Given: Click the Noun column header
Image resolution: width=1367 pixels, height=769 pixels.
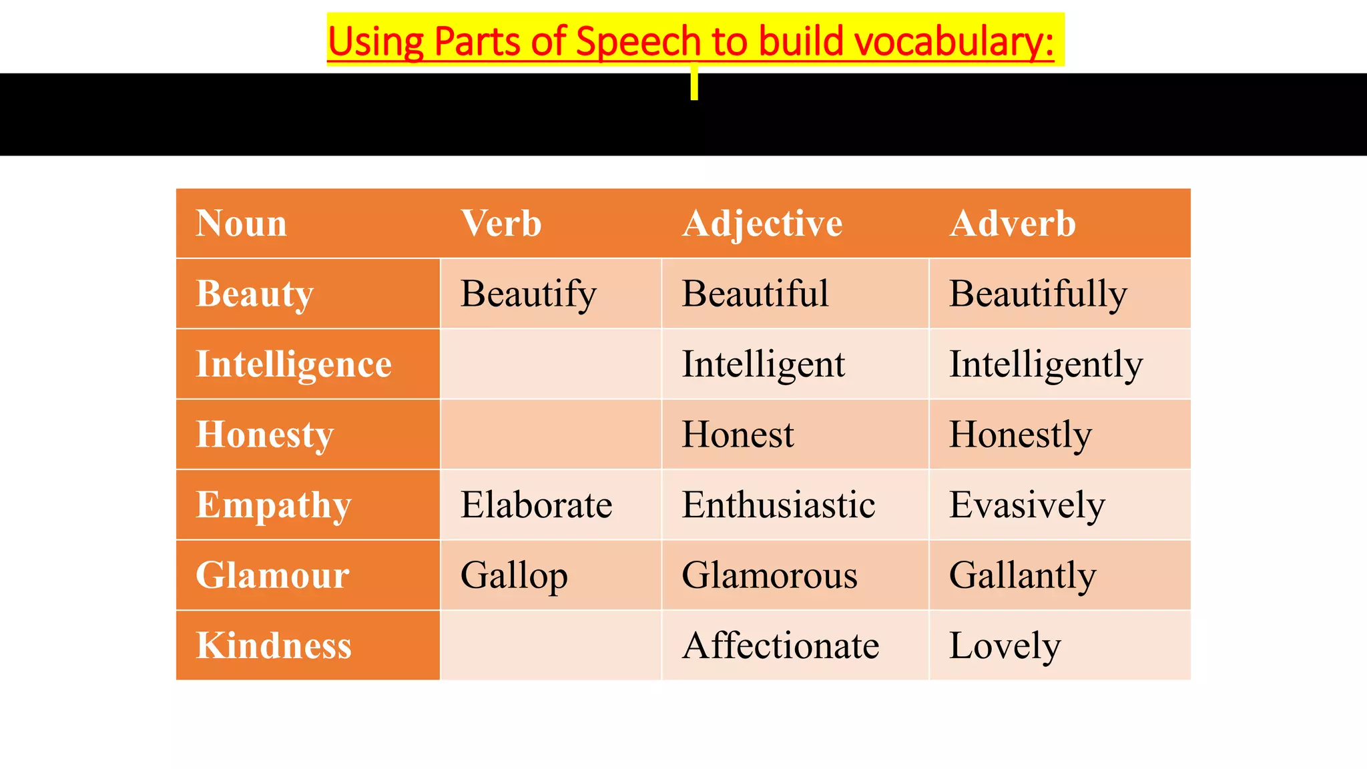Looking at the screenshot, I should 241,223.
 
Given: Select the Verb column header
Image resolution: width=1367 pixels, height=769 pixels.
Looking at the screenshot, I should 501,223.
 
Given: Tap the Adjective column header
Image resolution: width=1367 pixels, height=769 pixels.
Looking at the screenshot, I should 762,223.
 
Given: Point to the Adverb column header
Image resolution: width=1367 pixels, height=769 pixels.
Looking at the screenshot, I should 1013,223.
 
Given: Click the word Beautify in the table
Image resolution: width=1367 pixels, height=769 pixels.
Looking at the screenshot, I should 528,294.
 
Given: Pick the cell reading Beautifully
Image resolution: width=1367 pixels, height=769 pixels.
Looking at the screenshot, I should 1038,294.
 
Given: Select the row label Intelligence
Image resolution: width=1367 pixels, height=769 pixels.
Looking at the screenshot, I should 294,364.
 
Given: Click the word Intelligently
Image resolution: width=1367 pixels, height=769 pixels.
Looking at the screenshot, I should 1046,364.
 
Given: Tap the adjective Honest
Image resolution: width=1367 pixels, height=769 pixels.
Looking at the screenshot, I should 738,435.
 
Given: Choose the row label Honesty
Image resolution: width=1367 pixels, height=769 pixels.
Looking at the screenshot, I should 264,435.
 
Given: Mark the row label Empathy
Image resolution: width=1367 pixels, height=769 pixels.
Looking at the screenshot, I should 273,505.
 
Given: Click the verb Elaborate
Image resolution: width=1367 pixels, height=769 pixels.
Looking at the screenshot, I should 536,505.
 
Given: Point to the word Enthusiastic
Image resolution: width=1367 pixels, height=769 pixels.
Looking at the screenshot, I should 778,505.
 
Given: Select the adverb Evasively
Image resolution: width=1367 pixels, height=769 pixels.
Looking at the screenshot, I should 1027,505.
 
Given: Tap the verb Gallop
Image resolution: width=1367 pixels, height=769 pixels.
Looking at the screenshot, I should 514,575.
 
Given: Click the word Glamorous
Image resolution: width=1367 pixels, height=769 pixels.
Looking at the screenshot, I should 770,575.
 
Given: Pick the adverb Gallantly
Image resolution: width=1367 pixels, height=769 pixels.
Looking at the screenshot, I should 1023,575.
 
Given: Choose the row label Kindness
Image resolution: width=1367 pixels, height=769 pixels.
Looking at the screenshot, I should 274,646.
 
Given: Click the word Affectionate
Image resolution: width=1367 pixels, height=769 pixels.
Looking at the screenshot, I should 780,646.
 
